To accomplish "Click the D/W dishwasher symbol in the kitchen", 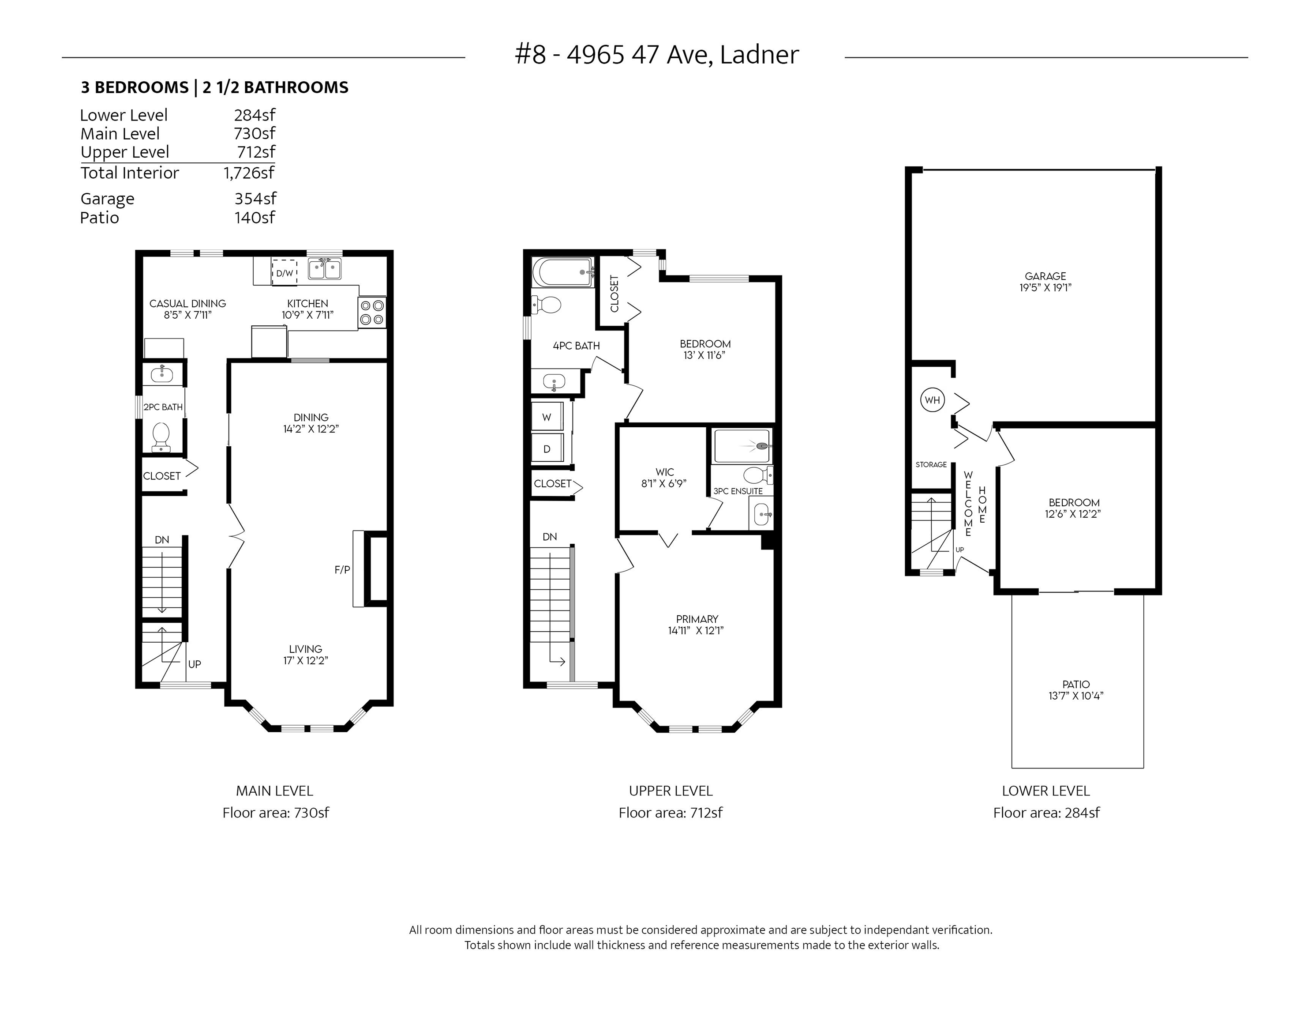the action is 284,272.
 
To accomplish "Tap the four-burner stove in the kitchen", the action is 371,313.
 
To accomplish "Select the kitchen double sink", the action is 325,269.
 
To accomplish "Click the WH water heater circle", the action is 932,400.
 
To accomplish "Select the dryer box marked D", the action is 547,449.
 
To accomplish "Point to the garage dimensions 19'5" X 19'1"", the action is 1045,288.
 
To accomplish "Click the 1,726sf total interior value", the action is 249,173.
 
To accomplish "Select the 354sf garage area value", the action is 255,198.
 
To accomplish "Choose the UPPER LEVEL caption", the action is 671,791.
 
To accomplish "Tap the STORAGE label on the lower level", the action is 931,464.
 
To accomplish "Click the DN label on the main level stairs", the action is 162,540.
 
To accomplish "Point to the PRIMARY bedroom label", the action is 697,619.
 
